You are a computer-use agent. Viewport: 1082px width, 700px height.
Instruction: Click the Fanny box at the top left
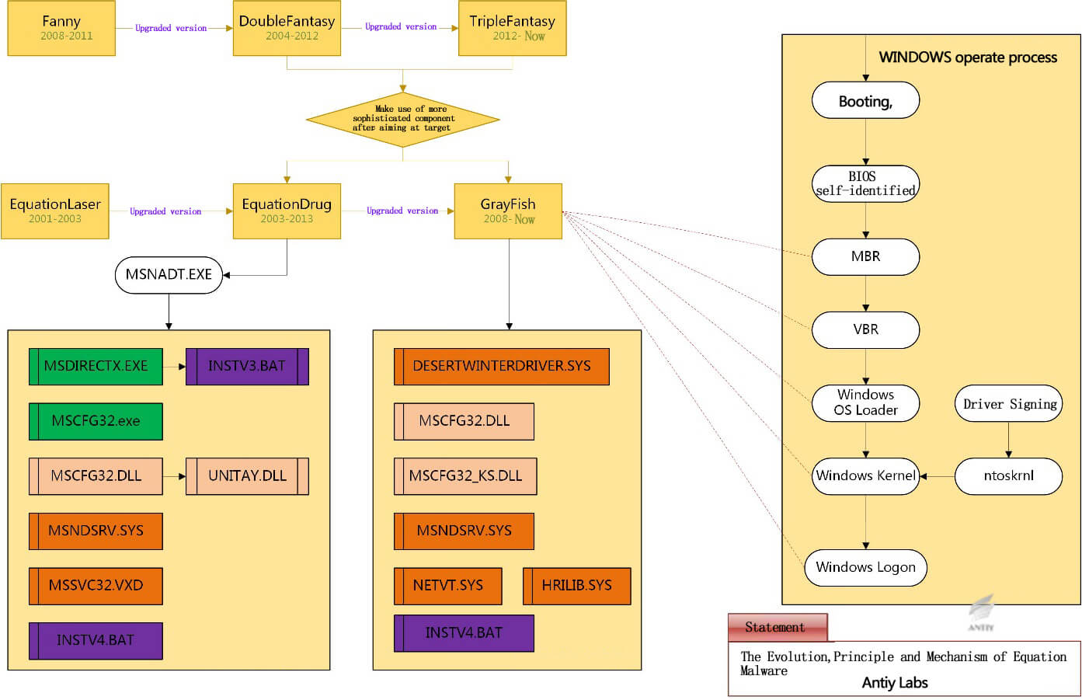pos(61,28)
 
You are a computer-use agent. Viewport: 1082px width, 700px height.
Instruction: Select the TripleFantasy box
pos(512,28)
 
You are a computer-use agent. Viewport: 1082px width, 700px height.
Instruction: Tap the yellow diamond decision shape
pos(403,120)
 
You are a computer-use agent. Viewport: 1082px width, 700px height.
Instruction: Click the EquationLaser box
pos(55,211)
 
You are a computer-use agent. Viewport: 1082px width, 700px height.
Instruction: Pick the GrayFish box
pos(508,211)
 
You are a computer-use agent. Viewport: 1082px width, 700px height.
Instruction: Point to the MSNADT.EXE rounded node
pos(169,275)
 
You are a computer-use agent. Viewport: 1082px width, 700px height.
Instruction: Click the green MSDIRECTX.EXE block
pos(96,367)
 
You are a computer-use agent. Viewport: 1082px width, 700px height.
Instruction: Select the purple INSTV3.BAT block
pos(247,367)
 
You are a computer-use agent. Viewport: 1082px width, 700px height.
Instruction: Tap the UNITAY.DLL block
pos(247,476)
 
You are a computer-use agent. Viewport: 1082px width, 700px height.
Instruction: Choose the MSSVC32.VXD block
pos(96,586)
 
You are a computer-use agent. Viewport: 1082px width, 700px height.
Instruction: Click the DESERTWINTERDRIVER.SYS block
pos(502,367)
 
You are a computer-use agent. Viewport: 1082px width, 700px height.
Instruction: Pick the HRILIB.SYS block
pos(577,586)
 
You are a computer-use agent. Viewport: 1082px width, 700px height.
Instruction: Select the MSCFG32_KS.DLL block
pos(465,476)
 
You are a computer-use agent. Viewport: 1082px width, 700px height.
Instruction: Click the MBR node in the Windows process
pos(865,257)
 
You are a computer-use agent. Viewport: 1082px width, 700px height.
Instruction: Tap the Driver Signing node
pos(1008,403)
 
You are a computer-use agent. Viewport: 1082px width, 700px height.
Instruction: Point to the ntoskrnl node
pos(1008,476)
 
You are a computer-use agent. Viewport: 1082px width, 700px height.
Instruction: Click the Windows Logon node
pos(865,568)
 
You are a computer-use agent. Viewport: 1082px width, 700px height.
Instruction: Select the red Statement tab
pos(778,627)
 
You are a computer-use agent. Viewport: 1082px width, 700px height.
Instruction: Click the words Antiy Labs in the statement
pos(895,683)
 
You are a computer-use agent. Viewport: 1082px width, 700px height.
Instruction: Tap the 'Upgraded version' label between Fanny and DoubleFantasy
pos(171,28)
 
